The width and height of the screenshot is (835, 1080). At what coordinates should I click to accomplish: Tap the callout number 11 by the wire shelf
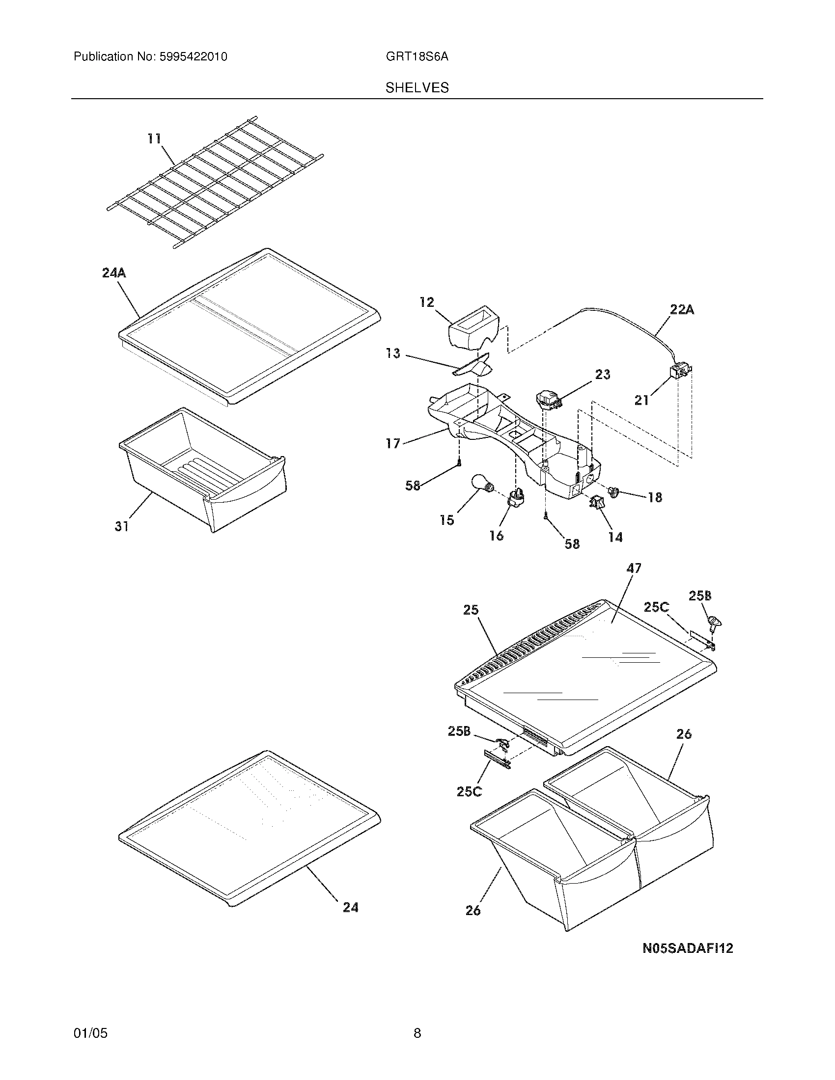click(154, 138)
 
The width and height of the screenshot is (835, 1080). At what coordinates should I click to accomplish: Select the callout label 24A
click(114, 272)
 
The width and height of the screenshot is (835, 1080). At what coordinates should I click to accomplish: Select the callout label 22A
click(682, 310)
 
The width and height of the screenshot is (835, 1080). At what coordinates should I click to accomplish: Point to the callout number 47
click(634, 568)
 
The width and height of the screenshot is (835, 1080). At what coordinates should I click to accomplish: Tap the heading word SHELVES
click(417, 88)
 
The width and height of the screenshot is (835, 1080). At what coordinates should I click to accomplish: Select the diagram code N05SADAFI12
click(687, 948)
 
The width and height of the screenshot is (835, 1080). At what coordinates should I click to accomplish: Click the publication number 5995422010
click(193, 57)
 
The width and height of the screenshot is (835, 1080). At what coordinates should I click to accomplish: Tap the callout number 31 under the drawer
click(122, 527)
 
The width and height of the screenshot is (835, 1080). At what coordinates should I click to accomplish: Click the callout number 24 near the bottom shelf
click(350, 907)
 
